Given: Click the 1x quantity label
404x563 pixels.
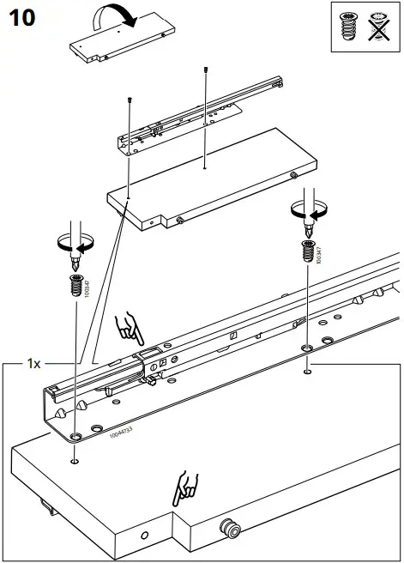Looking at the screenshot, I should [33, 364].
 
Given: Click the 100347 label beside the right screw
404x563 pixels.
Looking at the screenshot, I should [319, 252].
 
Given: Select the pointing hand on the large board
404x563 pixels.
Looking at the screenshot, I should [186, 487].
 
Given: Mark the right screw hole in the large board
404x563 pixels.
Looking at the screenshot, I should [308, 372].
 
